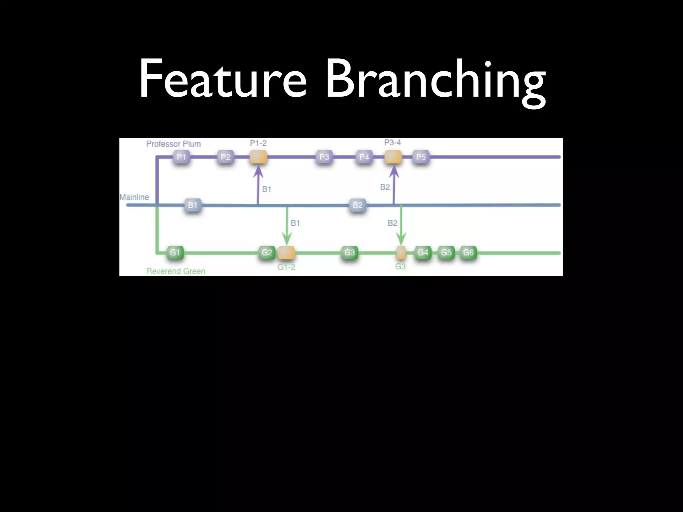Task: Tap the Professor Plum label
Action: [173, 144]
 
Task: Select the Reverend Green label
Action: [176, 271]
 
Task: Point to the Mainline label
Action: [134, 197]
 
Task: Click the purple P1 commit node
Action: [181, 157]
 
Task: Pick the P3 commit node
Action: [324, 157]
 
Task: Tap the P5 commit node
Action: [421, 157]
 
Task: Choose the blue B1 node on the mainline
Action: [193, 205]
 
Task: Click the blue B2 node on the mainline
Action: [358, 205]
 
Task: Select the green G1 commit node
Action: [175, 252]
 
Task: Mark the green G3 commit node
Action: [350, 252]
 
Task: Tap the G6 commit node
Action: [468, 252]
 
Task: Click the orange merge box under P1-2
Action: [258, 157]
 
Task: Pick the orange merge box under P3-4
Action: [393, 157]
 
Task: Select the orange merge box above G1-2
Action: [286, 252]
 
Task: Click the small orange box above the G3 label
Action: [401, 252]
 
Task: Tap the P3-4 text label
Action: [393, 143]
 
